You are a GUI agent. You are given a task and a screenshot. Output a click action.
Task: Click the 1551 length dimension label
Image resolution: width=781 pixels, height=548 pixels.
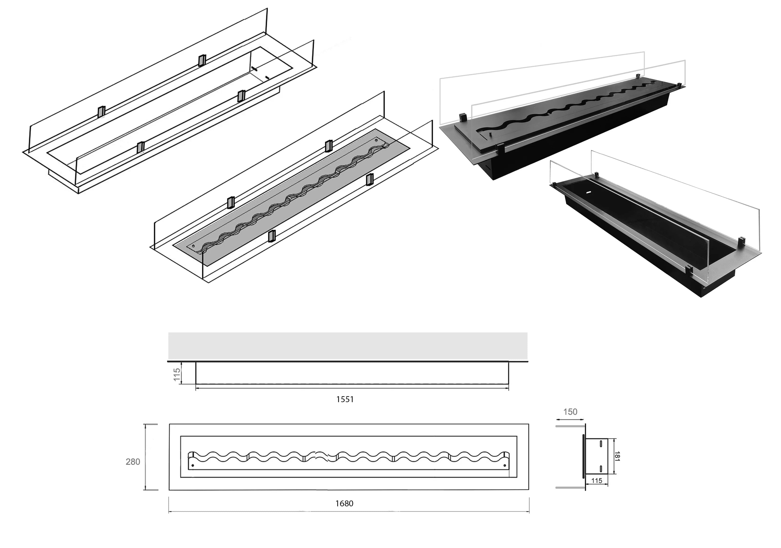point(345,400)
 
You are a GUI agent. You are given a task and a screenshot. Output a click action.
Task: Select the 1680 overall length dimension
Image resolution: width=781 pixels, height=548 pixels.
point(344,503)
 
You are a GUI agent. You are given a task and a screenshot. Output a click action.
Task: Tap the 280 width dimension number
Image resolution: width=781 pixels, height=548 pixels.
point(133,462)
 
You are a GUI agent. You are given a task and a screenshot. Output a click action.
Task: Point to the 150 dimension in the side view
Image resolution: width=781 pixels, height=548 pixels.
point(570,412)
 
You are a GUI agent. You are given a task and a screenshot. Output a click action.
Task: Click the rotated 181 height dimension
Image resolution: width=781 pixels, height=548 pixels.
point(618,456)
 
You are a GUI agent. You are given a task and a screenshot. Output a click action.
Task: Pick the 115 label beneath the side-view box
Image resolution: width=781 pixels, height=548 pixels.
point(597,481)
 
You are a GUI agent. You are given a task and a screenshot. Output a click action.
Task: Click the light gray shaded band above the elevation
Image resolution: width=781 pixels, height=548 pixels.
point(348,346)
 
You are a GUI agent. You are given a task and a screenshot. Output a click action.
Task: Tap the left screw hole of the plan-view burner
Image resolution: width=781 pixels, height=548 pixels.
point(193,465)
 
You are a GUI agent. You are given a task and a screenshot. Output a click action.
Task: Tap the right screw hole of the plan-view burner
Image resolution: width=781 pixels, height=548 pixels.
point(504,465)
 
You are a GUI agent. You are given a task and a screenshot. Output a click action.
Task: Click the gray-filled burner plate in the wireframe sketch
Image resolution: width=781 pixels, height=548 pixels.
point(293,197)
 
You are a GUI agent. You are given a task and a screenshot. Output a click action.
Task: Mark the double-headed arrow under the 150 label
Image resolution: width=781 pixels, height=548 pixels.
point(570,420)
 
